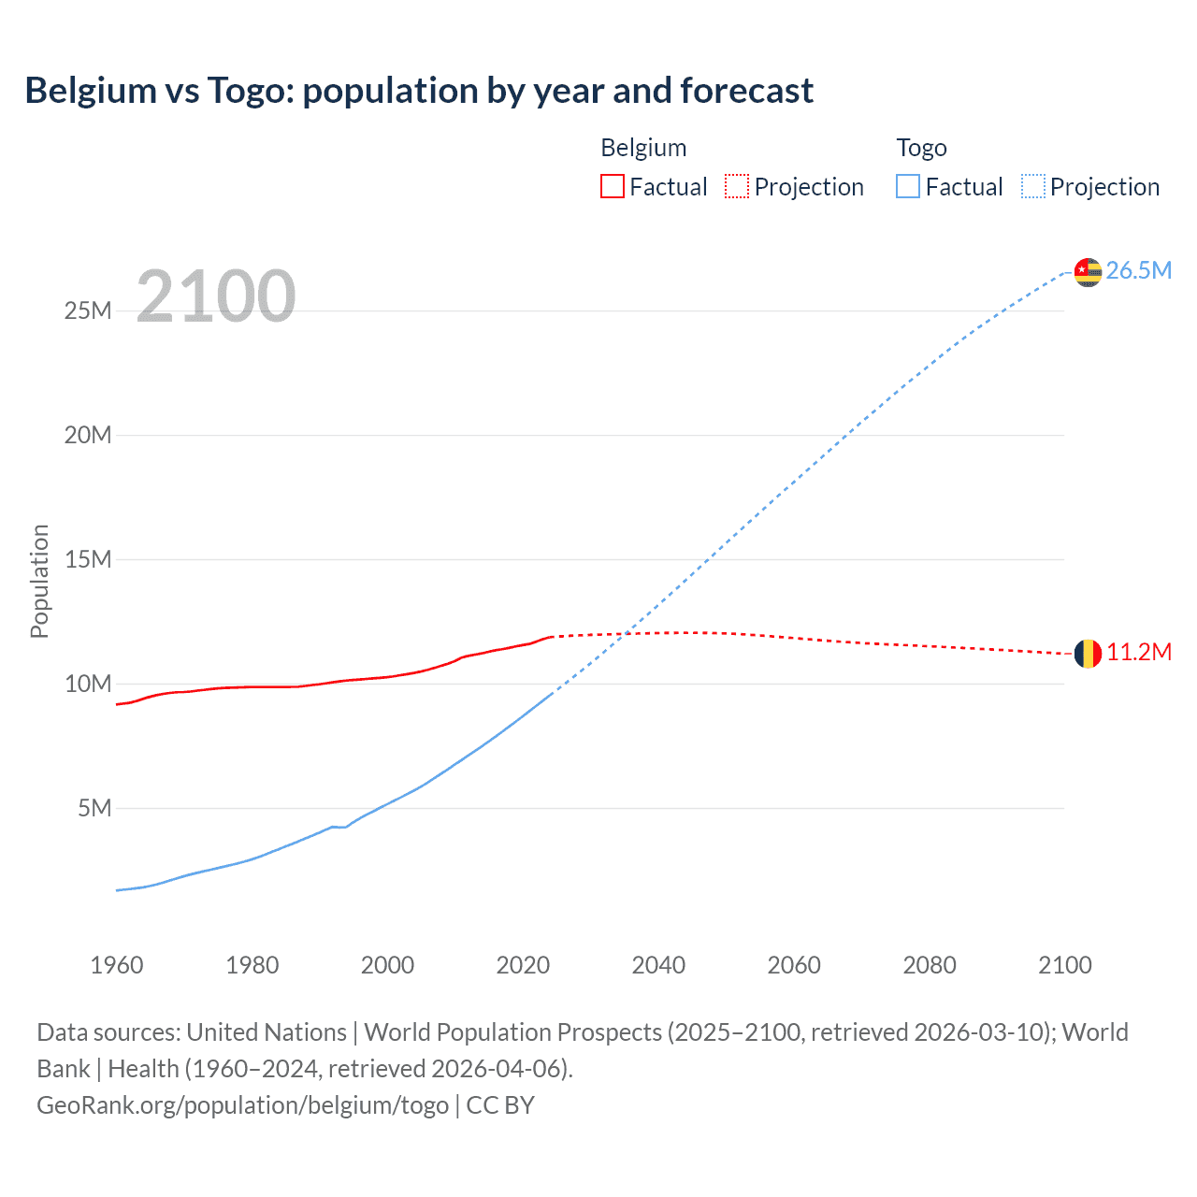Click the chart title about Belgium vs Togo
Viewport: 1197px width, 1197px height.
419,91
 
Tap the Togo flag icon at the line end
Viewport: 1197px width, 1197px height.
1088,271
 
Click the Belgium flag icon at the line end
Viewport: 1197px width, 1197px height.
1088,653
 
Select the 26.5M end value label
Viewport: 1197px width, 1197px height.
1138,271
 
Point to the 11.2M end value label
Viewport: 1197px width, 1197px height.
1138,653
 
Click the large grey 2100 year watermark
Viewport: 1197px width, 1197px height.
216,296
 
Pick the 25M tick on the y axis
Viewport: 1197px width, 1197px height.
88,310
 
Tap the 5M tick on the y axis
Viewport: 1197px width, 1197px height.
94,808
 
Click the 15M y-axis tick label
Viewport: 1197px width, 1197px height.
88,559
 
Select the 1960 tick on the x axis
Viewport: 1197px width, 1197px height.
117,965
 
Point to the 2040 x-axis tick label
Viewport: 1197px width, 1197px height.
658,965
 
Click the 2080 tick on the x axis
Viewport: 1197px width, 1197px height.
930,965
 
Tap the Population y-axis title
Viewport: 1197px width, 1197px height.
39,581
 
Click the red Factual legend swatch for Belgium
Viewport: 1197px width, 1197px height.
613,187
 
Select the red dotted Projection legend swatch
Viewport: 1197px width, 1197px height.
737,187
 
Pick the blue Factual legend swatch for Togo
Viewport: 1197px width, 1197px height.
908,187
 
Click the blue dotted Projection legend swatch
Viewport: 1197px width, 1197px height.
1033,187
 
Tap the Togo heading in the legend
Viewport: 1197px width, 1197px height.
921,148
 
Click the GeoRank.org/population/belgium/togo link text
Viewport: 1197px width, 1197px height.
243,1105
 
